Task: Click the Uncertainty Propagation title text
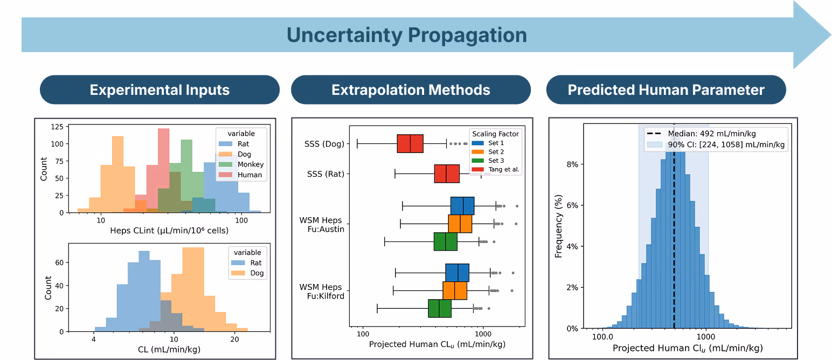coord(407,35)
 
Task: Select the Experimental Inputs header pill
coord(160,89)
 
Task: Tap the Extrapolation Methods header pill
coord(411,89)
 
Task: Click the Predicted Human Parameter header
coord(666,89)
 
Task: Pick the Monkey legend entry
coord(241,164)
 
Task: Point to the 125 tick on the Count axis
coord(57,127)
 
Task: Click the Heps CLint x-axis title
coord(169,230)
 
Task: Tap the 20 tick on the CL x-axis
coord(234,339)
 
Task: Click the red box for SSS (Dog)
coord(410,143)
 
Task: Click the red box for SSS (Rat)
coord(447,174)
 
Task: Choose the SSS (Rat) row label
coord(326,174)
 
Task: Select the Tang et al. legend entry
coord(496,169)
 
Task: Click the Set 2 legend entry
coord(488,151)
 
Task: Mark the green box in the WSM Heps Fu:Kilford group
coord(440,308)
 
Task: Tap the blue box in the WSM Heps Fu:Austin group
coord(462,206)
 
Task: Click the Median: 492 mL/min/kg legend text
coord(712,133)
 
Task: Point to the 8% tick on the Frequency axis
coord(572,164)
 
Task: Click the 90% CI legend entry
coord(716,144)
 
